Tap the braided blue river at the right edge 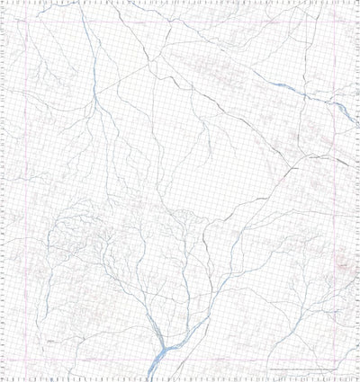(x=345, y=110)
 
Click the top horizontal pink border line (x=180, y=22)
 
